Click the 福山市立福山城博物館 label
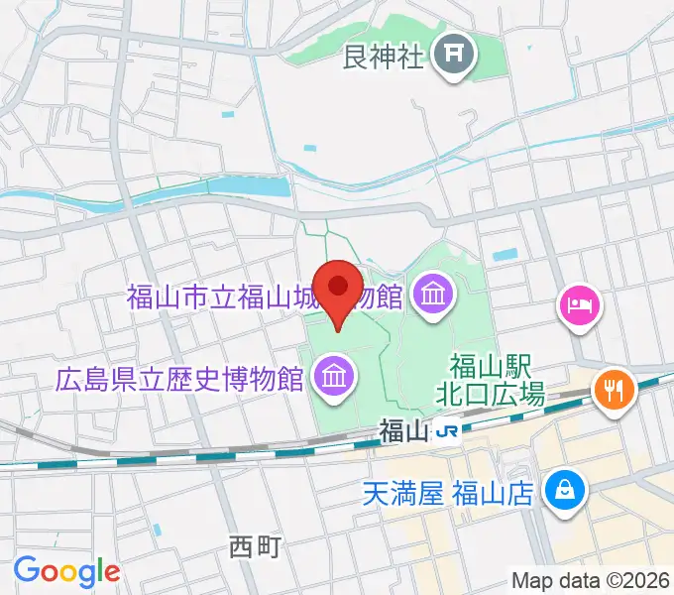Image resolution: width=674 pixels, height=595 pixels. (x=264, y=296)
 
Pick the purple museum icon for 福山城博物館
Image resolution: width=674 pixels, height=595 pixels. (x=433, y=294)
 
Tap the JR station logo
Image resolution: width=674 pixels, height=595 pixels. (x=450, y=432)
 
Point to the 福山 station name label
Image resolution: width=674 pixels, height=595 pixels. (x=404, y=432)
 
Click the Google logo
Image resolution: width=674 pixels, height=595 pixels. (x=66, y=571)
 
